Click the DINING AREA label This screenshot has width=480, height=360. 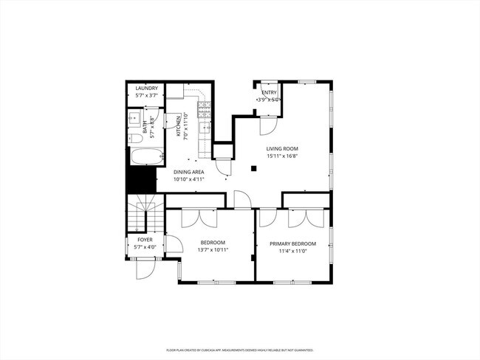click(189, 172)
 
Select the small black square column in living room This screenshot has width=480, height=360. click(253, 168)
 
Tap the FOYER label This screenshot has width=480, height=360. click(145, 240)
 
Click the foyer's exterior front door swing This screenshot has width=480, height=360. click(145, 269)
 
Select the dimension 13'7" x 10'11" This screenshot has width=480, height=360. click(213, 250)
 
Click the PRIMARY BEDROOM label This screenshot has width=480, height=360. click(292, 243)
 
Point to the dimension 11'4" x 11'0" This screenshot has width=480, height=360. click(292, 251)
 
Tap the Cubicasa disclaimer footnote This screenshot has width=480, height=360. click(240, 350)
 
